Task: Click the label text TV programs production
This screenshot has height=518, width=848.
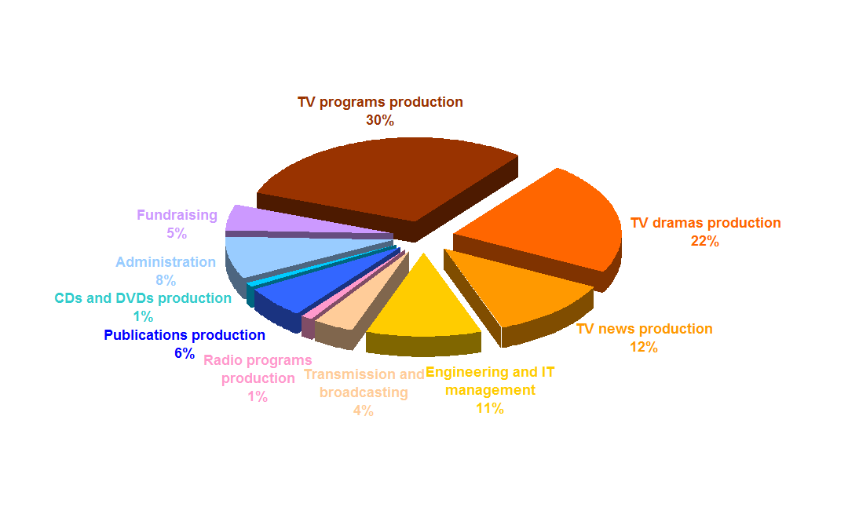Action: [380, 102]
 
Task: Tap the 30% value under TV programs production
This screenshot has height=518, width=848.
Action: [380, 121]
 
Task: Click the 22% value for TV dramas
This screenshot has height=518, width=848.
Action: [704, 241]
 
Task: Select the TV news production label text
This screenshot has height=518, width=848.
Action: [644, 329]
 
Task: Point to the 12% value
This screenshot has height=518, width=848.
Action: [644, 347]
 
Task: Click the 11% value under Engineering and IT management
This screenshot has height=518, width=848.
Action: [490, 408]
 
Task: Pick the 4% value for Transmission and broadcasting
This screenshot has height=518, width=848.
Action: [364, 411]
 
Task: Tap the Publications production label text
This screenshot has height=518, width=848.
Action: [185, 335]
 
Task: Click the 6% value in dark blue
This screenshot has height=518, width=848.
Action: [185, 354]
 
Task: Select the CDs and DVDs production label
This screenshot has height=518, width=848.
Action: [143, 298]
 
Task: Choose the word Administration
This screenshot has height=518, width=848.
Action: [166, 262]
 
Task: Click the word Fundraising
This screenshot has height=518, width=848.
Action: [177, 215]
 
